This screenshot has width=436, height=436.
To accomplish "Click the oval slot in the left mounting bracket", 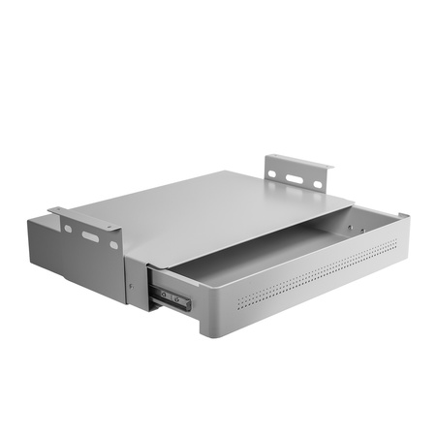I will pyautogui.click(x=89, y=235).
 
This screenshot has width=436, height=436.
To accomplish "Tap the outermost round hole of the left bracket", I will pyautogui.click(x=68, y=229).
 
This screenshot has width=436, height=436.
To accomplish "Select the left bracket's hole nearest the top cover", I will pyautogui.click(x=113, y=244).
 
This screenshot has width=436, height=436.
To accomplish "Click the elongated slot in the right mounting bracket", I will pyautogui.click(x=294, y=178).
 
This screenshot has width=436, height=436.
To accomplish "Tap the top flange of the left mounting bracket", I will pyautogui.click(x=83, y=218).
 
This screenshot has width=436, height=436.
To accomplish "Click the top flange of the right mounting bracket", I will pyautogui.click(x=300, y=161).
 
